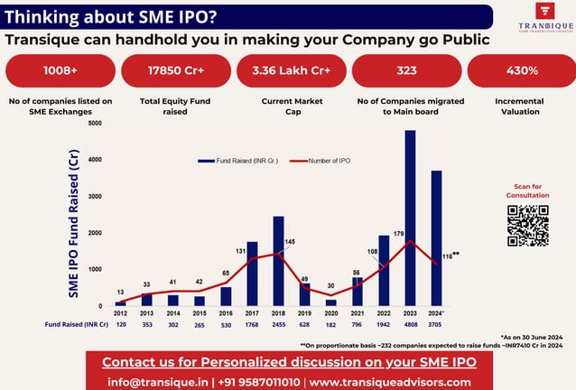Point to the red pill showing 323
tap(405, 70)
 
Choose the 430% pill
tap(520, 70)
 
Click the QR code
tap(527, 226)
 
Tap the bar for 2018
tap(279, 261)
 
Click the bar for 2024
tap(436, 238)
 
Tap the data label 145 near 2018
tap(289, 241)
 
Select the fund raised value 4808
tap(410, 322)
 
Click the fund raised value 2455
tap(279, 322)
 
